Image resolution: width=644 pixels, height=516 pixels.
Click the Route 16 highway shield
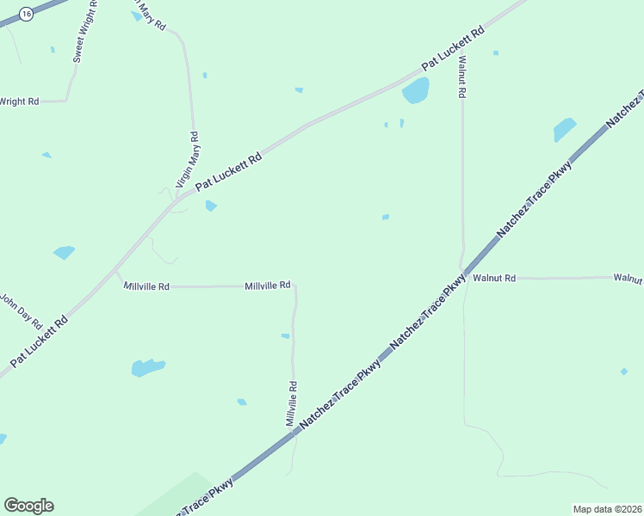[27, 15]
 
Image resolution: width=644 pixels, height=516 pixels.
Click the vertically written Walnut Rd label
[462, 77]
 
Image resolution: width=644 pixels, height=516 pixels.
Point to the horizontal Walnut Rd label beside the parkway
[494, 278]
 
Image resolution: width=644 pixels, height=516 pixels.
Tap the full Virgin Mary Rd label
[188, 160]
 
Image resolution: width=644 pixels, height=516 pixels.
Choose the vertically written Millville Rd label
[292, 403]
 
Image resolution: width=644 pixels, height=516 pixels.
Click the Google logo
[28, 506]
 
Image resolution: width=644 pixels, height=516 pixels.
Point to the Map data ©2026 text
[607, 509]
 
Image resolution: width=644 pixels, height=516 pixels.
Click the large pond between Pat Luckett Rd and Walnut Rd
[416, 89]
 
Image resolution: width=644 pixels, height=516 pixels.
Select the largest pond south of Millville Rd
[147, 368]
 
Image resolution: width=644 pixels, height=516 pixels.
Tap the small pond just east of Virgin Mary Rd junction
[211, 206]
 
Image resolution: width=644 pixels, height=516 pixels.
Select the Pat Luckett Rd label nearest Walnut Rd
[453, 49]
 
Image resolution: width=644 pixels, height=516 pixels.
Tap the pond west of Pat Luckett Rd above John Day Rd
[64, 253]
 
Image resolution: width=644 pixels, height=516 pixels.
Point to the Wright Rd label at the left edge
[19, 101]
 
